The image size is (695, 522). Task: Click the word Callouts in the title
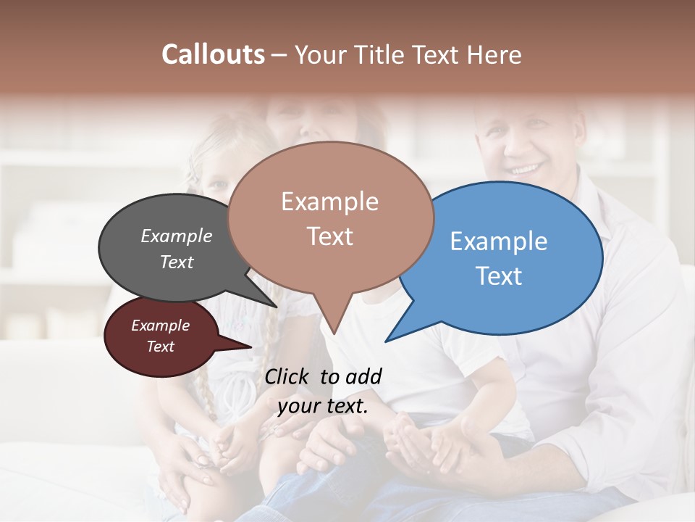(213, 54)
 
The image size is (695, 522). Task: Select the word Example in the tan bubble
(329, 202)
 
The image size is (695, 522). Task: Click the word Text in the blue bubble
(500, 276)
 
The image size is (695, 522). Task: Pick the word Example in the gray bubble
(177, 236)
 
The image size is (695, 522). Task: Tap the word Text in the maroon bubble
(161, 347)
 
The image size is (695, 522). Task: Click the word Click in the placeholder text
(287, 376)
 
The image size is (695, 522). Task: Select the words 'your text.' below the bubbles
(323, 406)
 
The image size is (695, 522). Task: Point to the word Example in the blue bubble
(499, 241)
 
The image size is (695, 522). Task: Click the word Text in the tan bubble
(330, 236)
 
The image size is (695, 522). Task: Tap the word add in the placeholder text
(363, 376)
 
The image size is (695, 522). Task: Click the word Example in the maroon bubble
(161, 326)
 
